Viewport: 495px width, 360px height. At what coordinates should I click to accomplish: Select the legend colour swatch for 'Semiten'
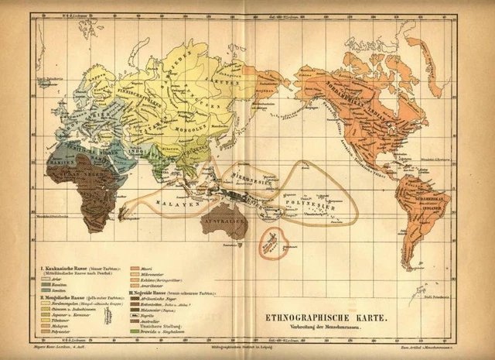44,290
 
